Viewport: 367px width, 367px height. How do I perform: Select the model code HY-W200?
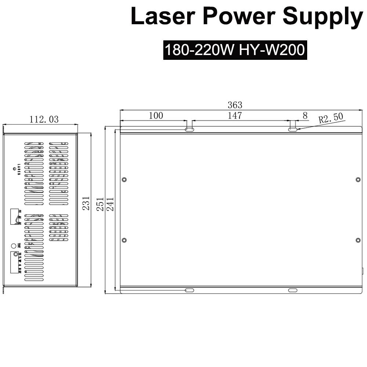coord(272,50)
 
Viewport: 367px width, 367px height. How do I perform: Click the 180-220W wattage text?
coord(199,50)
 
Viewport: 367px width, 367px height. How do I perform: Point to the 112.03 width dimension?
coord(44,119)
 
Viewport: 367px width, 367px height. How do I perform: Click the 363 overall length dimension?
coord(235,105)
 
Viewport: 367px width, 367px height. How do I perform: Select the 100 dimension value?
coord(156,116)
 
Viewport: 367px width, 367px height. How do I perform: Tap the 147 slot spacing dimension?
coord(235,116)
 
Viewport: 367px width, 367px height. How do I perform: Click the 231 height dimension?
coord(86,203)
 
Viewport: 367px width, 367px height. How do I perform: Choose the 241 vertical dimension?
coord(110,204)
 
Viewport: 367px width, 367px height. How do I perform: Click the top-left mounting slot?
coord(189,129)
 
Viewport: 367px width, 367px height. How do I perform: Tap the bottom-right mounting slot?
coord(292,290)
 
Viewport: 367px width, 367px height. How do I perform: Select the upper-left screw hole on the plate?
coord(124,179)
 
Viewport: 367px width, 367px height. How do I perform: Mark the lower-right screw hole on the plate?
coord(358,240)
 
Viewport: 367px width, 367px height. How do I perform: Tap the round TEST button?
coord(14,246)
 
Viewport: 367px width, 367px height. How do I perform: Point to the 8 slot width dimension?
coord(305,116)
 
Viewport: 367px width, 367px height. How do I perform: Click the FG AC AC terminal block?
coord(15,217)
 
